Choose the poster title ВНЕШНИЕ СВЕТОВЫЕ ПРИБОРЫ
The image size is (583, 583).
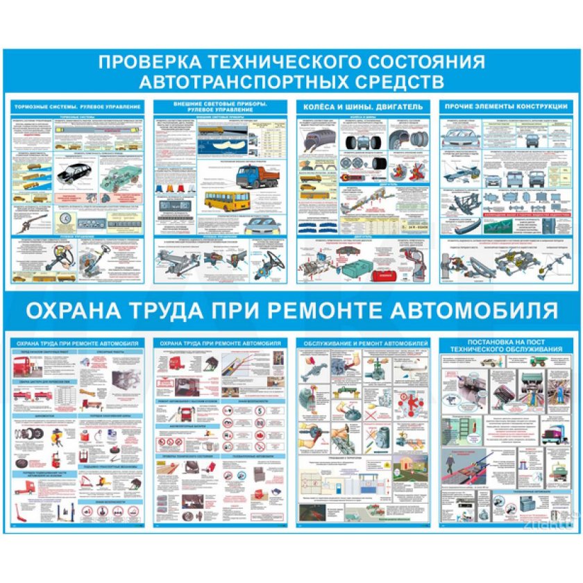(221, 103)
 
